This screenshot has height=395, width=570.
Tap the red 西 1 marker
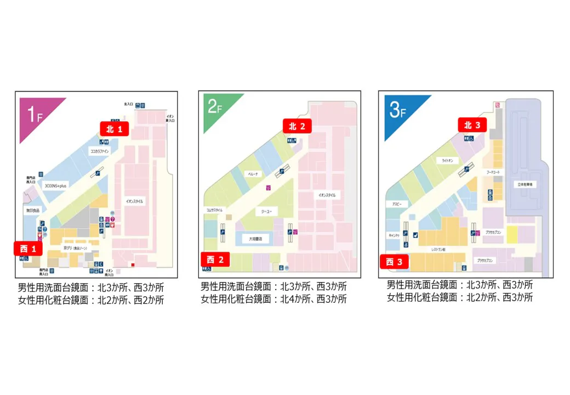coord(28,249)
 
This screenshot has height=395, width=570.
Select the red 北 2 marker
coord(297,126)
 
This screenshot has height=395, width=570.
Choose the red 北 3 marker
coord(472,125)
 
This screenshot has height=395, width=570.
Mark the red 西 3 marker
coord(394,262)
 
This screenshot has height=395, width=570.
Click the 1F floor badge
coord(34,114)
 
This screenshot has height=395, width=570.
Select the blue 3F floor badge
coord(398,110)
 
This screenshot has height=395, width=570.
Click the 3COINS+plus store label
coord(55,186)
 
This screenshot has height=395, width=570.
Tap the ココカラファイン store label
coord(100,150)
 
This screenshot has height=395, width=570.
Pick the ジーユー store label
coord(266,211)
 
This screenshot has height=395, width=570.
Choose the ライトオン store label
coord(447,161)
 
